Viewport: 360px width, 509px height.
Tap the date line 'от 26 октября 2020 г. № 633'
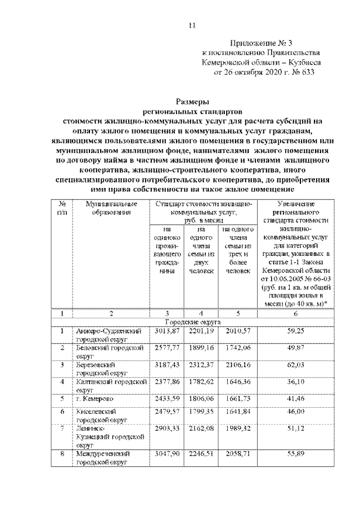click(260, 72)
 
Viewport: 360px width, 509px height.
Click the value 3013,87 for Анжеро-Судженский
click(166, 331)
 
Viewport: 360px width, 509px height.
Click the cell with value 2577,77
click(166, 348)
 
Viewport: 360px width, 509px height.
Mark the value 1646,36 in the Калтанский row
click(237, 382)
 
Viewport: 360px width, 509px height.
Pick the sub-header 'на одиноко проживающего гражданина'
click(166, 250)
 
